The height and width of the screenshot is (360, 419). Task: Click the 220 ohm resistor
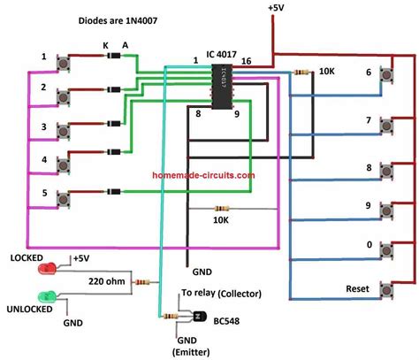[x=141, y=283]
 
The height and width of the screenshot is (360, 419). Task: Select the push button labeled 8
[x=386, y=170]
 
